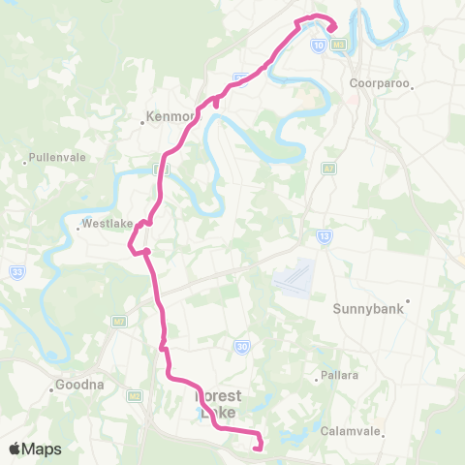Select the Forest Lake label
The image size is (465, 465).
[x=218, y=404]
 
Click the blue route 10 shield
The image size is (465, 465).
[x=318, y=45]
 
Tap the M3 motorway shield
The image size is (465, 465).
[x=338, y=45]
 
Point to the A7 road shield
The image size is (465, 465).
[x=328, y=168]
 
